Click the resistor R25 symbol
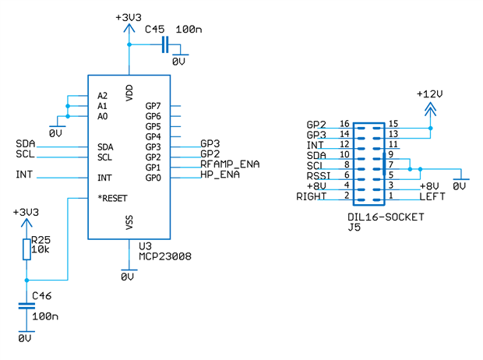point(26,249)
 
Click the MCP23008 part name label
point(165,256)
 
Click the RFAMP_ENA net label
point(230,165)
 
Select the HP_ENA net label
point(220,175)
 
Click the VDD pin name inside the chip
point(129,91)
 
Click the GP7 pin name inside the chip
point(153,106)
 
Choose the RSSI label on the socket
point(320,176)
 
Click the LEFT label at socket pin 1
point(432,196)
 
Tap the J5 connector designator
point(354,228)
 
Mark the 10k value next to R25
point(41,249)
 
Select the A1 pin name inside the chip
point(103,106)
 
